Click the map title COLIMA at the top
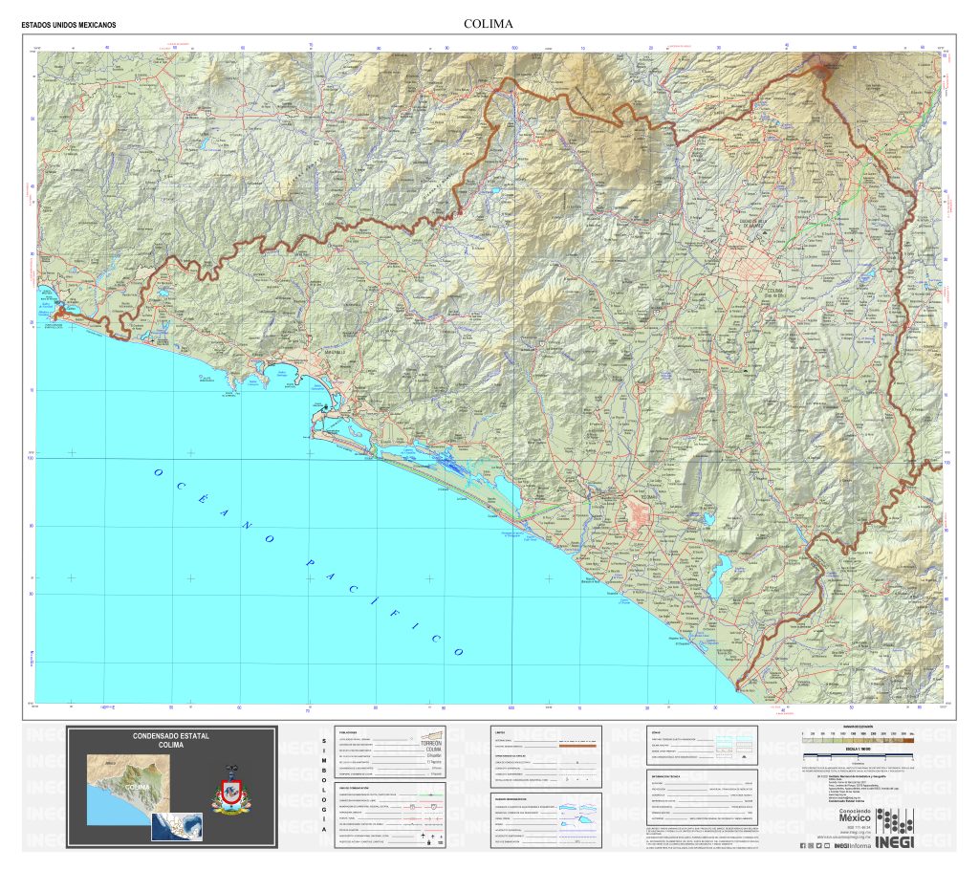(489, 23)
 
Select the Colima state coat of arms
(229, 792)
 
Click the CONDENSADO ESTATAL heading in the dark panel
(171, 736)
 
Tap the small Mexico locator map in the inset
(177, 825)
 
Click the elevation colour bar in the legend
(856, 739)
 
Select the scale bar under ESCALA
(856, 756)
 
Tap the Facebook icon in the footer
(801, 845)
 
